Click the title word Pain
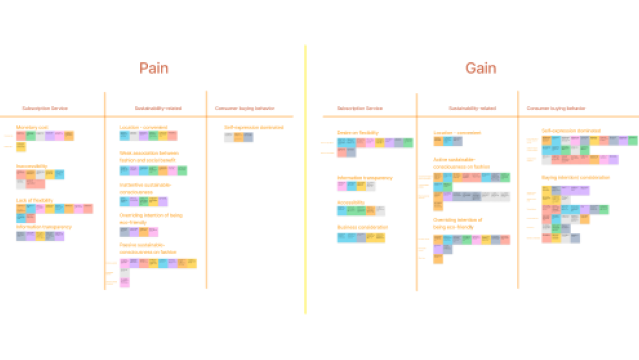(x=154, y=68)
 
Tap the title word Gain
(x=481, y=68)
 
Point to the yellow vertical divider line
(x=305, y=179)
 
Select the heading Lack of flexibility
(x=35, y=200)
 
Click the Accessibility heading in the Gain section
(x=351, y=202)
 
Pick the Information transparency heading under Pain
(x=44, y=227)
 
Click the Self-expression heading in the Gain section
(x=571, y=131)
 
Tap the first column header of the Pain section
(x=45, y=109)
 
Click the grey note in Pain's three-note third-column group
(x=248, y=137)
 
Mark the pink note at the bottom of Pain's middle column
(x=124, y=283)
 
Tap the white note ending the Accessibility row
(x=381, y=211)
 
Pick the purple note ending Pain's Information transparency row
(x=60, y=236)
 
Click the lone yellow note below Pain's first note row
(x=21, y=147)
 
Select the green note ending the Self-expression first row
(x=633, y=140)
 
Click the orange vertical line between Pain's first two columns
(x=105, y=191)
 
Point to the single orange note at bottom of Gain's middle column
(x=438, y=259)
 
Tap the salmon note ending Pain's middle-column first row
(x=173, y=136)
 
